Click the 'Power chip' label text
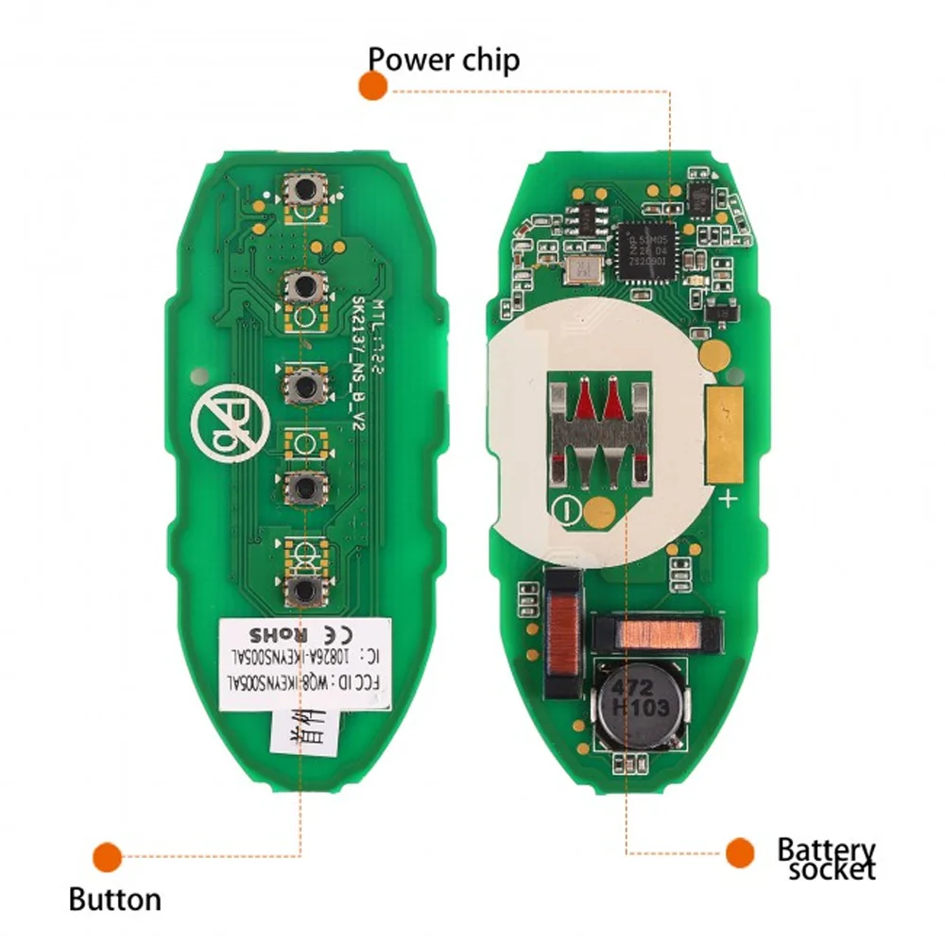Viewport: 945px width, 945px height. [443, 60]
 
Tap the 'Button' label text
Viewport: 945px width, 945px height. [114, 899]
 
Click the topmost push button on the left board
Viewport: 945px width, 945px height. [304, 190]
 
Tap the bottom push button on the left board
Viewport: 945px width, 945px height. [303, 591]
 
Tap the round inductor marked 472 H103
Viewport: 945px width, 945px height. [638, 700]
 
